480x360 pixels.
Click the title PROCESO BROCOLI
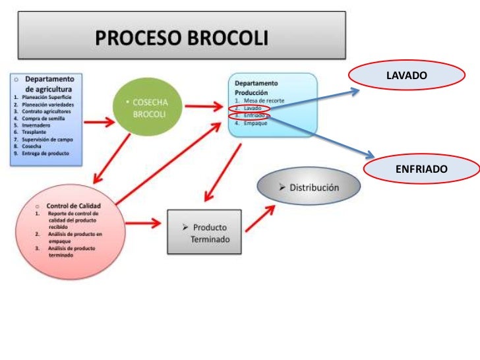(x=182, y=38)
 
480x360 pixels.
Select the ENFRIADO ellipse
(x=421, y=169)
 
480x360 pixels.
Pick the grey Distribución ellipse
(x=309, y=187)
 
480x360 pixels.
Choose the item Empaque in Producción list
(x=255, y=123)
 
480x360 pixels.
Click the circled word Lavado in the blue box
(x=251, y=107)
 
